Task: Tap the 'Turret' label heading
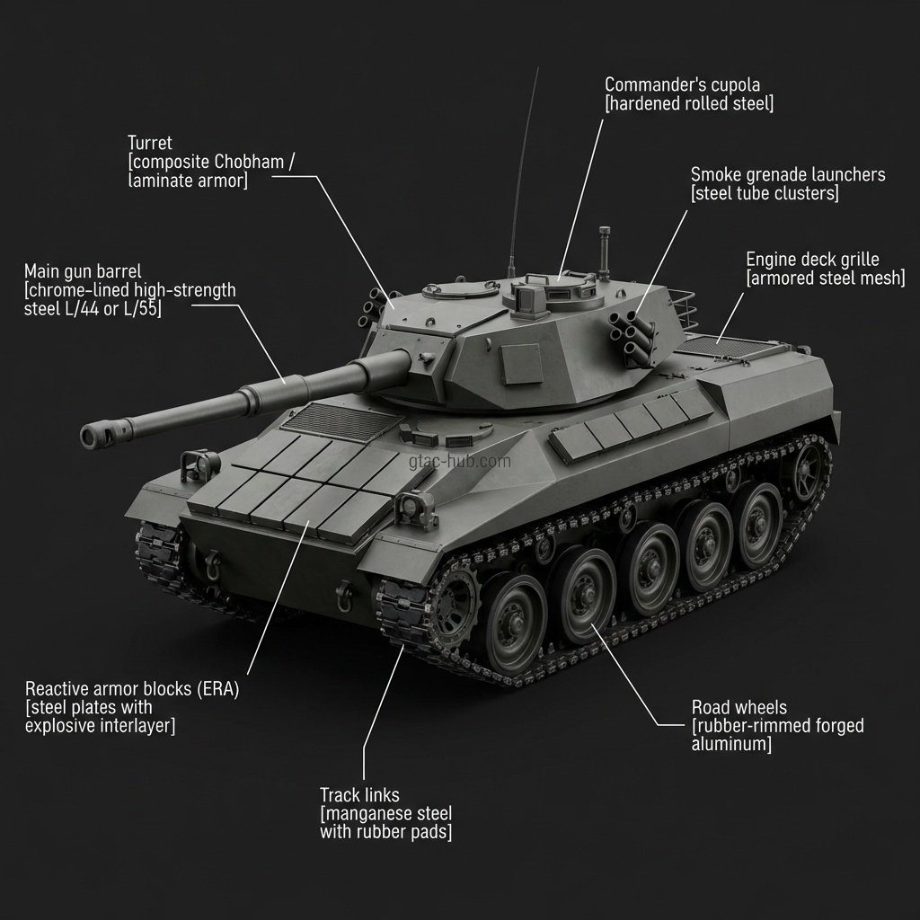pyautogui.click(x=149, y=143)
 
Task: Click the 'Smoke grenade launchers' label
pyautogui.click(x=787, y=174)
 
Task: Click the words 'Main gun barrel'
pyautogui.click(x=83, y=271)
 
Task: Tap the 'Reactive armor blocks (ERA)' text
pyautogui.click(x=132, y=689)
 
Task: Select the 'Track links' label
pyautogui.click(x=359, y=795)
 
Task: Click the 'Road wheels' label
pyautogui.click(x=739, y=707)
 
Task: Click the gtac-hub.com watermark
pyautogui.click(x=459, y=462)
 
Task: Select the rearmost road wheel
pyautogui.click(x=760, y=524)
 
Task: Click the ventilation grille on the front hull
pyautogui.click(x=341, y=420)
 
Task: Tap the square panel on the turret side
pyautogui.click(x=521, y=363)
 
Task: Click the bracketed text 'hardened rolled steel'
pyautogui.click(x=689, y=104)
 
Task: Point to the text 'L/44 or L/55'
pyautogui.click(x=108, y=309)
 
